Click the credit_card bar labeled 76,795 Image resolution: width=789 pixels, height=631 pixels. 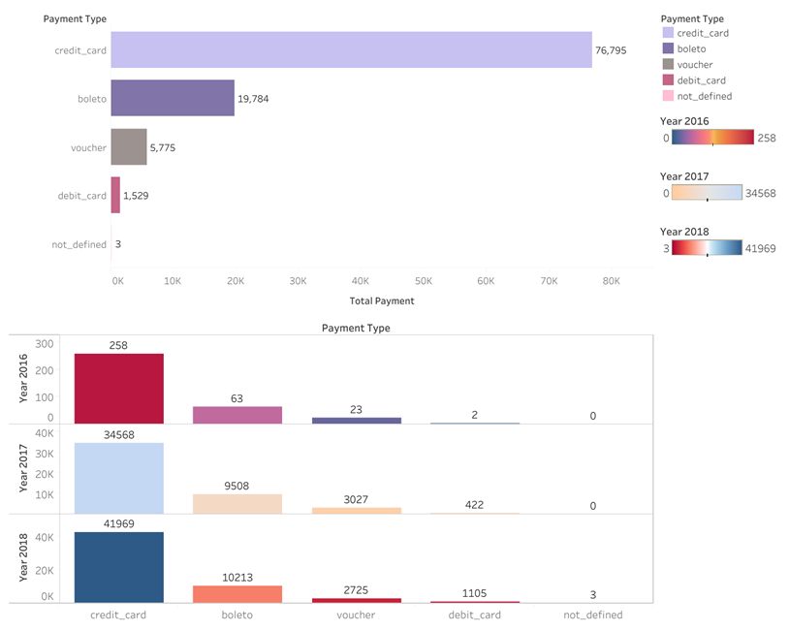coord(351,49)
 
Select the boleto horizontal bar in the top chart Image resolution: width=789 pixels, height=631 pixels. coord(173,98)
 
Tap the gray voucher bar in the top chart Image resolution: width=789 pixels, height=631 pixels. coord(129,147)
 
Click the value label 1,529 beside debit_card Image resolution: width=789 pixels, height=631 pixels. coord(136,196)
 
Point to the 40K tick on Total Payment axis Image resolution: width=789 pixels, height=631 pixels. coord(361,281)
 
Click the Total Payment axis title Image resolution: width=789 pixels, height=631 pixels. coord(381,301)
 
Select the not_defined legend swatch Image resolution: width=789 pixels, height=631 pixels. coord(667,96)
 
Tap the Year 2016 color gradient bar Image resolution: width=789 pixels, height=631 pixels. coord(713,138)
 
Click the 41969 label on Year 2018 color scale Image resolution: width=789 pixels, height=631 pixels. coord(761,248)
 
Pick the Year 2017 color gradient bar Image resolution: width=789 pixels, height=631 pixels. coord(707,193)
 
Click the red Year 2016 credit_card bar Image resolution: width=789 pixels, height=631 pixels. coord(118,389)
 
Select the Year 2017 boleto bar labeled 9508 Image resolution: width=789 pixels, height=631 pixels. coord(237,504)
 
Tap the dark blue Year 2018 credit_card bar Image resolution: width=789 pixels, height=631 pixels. coord(118,567)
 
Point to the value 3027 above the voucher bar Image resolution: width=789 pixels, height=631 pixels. coord(356,499)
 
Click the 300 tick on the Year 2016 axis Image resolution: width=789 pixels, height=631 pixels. coord(44,344)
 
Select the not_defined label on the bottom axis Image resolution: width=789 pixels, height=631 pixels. coord(593,615)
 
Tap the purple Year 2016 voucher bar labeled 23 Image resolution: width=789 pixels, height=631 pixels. coord(356,420)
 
